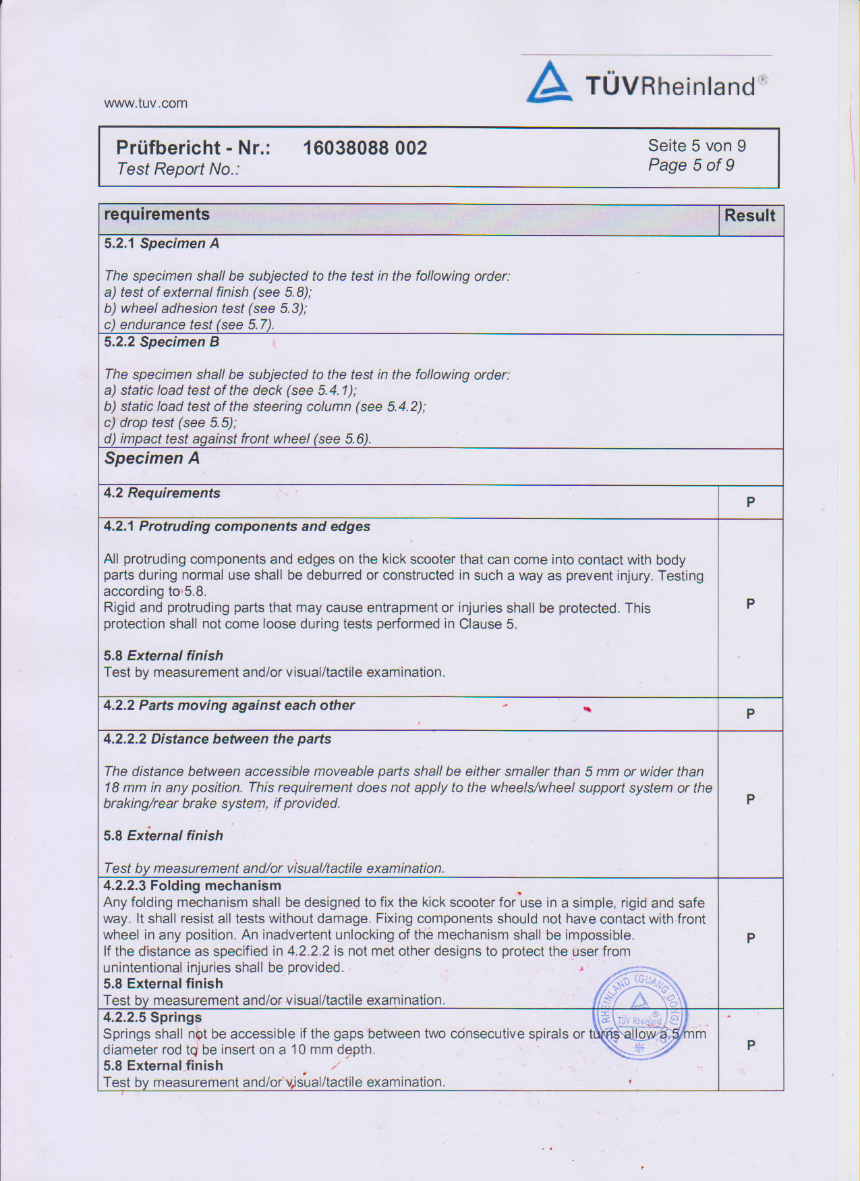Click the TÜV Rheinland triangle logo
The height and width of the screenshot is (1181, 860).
[x=549, y=83]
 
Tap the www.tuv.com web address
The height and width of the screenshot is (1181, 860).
[x=146, y=103]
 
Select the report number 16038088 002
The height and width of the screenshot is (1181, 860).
[x=365, y=148]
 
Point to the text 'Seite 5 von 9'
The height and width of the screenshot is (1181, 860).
[x=697, y=146]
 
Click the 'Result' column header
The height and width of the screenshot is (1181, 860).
[x=749, y=216]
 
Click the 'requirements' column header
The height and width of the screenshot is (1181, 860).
[x=156, y=215]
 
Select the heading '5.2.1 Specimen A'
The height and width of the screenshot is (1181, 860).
[x=161, y=244]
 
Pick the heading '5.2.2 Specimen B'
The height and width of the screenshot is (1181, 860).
[x=161, y=342]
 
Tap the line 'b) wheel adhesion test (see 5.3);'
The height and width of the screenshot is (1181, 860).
[x=205, y=308]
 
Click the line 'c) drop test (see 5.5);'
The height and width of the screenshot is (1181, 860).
[x=170, y=422]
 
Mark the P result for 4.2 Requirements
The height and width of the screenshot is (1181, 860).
[x=750, y=502]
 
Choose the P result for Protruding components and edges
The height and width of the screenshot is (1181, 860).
[x=750, y=604]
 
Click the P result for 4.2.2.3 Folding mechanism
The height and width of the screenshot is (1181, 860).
[x=750, y=938]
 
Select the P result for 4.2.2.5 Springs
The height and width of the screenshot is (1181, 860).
[x=751, y=1045]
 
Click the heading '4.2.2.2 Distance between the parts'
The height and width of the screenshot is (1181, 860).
[x=217, y=739]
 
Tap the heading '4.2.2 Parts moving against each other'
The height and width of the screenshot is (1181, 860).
[x=229, y=705]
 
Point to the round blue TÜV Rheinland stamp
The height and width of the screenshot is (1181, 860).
[x=639, y=1013]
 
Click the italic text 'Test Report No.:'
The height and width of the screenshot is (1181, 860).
[x=178, y=169]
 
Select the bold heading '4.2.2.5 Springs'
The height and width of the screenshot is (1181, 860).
[x=152, y=1017]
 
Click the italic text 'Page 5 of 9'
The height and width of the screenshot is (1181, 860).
[x=691, y=165]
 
